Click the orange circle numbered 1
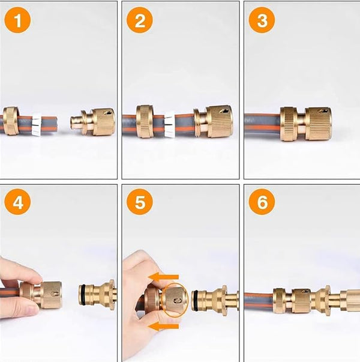coord(17,20)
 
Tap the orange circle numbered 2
coord(140,20)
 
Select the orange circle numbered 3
coord(262,20)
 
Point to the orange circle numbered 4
coord(17,202)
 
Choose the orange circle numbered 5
coord(140,202)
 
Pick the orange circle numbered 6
coord(262,202)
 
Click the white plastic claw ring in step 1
coord(37,124)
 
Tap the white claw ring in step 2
coord(170,125)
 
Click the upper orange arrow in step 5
coord(163,277)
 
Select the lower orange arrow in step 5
coord(163,326)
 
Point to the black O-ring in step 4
coord(81,295)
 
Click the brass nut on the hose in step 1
coord(10,121)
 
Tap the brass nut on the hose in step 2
coord(144,122)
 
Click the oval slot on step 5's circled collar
coord(177,301)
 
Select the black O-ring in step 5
coord(194,300)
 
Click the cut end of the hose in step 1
coord(56,124)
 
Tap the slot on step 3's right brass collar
coord(322,111)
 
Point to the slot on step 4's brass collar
coord(55,294)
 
